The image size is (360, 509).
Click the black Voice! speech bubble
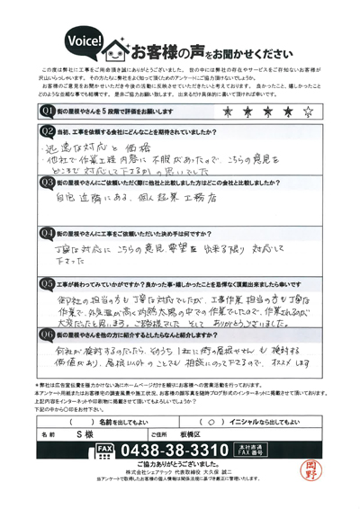click(85, 41)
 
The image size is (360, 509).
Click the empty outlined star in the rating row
click(308, 112)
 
